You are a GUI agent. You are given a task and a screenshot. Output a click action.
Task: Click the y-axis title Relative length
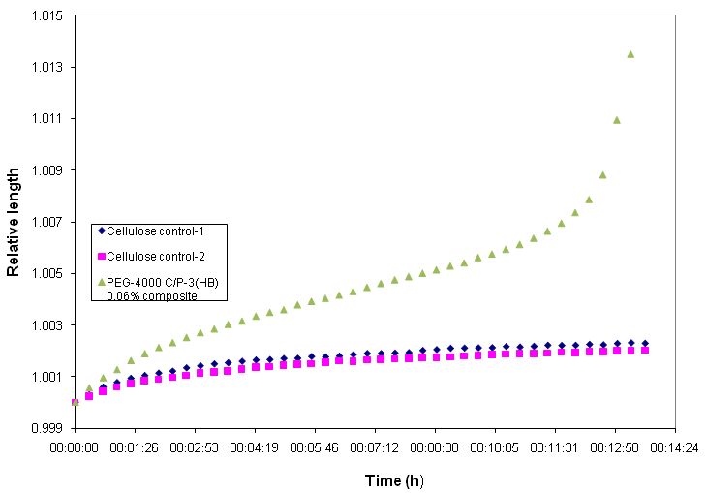pyautogui.click(x=14, y=221)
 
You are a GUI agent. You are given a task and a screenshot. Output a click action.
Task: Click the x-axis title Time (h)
pyautogui.click(x=394, y=480)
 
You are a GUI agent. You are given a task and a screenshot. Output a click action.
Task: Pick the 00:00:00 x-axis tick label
pyautogui.click(x=75, y=449)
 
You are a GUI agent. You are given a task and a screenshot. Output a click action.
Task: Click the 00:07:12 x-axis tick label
pyautogui.click(x=375, y=449)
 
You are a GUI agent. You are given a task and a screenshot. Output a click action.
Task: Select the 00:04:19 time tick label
pyautogui.click(x=255, y=449)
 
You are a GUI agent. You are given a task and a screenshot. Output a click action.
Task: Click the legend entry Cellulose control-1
pyautogui.click(x=166, y=231)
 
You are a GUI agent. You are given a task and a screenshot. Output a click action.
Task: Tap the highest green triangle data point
pyautogui.click(x=630, y=54)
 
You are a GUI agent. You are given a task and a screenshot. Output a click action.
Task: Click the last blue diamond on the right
pyautogui.click(x=645, y=344)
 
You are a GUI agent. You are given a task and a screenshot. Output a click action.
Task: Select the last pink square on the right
pyautogui.click(x=645, y=350)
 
